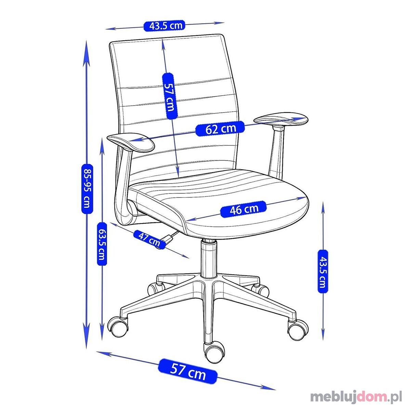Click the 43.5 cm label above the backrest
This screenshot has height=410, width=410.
point(164,26)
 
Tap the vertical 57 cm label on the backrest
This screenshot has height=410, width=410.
point(170,96)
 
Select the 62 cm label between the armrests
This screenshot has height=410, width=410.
point(220,128)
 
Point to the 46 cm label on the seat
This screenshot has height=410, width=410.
point(243,209)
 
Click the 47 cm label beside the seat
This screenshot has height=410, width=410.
point(149,240)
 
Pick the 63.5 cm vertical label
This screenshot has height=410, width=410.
point(102,244)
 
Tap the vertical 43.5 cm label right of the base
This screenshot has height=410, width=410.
point(323,272)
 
